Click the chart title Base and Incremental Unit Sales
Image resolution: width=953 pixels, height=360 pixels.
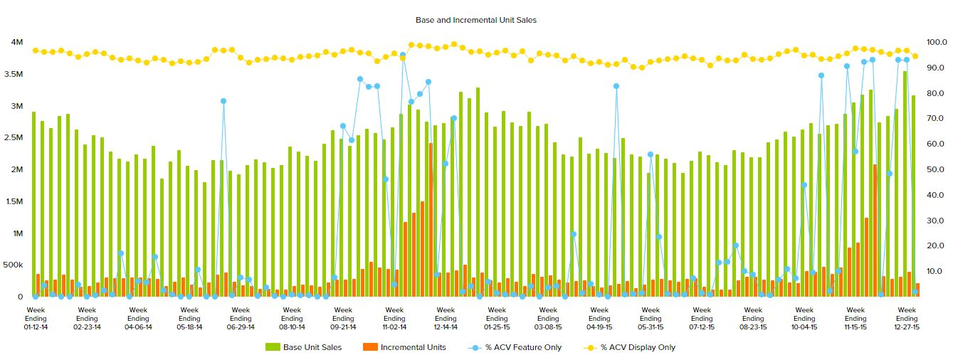pos(475,21)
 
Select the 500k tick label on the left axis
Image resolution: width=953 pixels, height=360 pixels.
pos(14,265)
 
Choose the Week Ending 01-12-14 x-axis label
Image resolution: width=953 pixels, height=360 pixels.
pos(36,318)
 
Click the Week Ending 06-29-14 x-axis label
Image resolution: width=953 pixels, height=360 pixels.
pos(241,318)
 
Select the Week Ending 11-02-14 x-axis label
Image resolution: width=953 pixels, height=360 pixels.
pos(394,318)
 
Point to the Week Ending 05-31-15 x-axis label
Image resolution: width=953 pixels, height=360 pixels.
pos(651,318)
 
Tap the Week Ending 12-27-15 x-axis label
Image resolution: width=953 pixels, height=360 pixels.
pos(907,318)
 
